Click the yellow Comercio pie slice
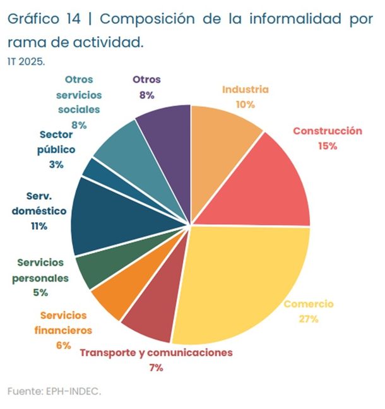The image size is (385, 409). point(240,278)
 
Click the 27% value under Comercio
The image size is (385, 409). point(309,319)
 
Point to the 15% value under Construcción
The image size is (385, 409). point(328,145)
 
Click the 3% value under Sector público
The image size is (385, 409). point(56,164)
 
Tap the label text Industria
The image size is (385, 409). point(245,89)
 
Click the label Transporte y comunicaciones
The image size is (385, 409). point(156,352)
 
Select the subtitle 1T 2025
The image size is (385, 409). point(26,63)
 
